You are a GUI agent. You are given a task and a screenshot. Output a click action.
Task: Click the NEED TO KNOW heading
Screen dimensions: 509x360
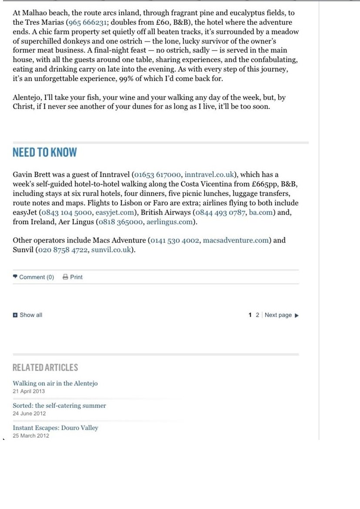tap(45, 153)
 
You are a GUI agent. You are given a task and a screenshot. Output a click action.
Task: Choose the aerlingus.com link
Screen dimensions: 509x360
tap(169, 222)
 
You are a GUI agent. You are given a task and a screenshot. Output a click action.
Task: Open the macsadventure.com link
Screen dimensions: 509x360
tap(236, 240)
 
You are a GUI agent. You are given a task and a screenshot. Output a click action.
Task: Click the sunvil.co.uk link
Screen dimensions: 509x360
tap(111, 250)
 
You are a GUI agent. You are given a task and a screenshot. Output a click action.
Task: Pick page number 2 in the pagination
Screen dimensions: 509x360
tap(257, 315)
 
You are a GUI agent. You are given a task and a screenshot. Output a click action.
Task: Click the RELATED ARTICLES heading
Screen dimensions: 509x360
tap(45, 368)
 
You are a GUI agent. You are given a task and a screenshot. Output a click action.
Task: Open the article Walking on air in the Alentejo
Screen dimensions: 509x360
tap(55, 383)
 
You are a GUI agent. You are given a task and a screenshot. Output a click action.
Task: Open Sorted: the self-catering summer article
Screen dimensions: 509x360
tap(59, 406)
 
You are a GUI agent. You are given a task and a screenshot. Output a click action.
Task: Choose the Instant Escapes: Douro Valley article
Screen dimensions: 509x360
tap(55, 428)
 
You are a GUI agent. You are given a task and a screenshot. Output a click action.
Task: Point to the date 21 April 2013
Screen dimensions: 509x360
tap(29, 391)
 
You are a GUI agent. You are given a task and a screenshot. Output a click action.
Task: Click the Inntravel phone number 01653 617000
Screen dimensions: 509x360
tap(157, 175)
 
